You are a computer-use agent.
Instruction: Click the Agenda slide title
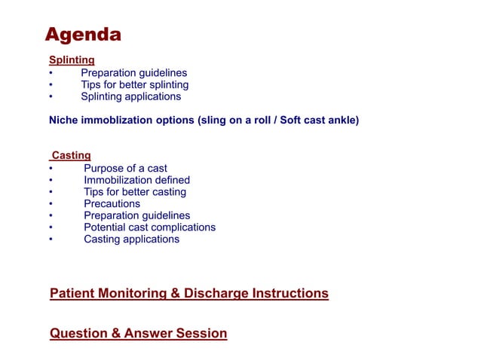(x=83, y=35)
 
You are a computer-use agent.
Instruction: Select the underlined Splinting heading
(x=72, y=59)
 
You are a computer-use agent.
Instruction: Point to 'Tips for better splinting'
(x=134, y=85)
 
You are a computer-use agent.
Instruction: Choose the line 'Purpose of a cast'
(x=125, y=168)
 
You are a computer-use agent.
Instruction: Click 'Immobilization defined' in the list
(x=136, y=180)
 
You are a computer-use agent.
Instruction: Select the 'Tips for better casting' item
(x=134, y=192)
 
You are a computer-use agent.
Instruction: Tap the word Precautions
(x=112, y=204)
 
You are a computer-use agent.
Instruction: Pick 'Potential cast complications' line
(x=149, y=227)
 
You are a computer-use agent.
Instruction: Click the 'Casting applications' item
(x=131, y=239)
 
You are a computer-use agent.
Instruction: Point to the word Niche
(x=64, y=120)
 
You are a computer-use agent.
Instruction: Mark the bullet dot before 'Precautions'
(x=51, y=204)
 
